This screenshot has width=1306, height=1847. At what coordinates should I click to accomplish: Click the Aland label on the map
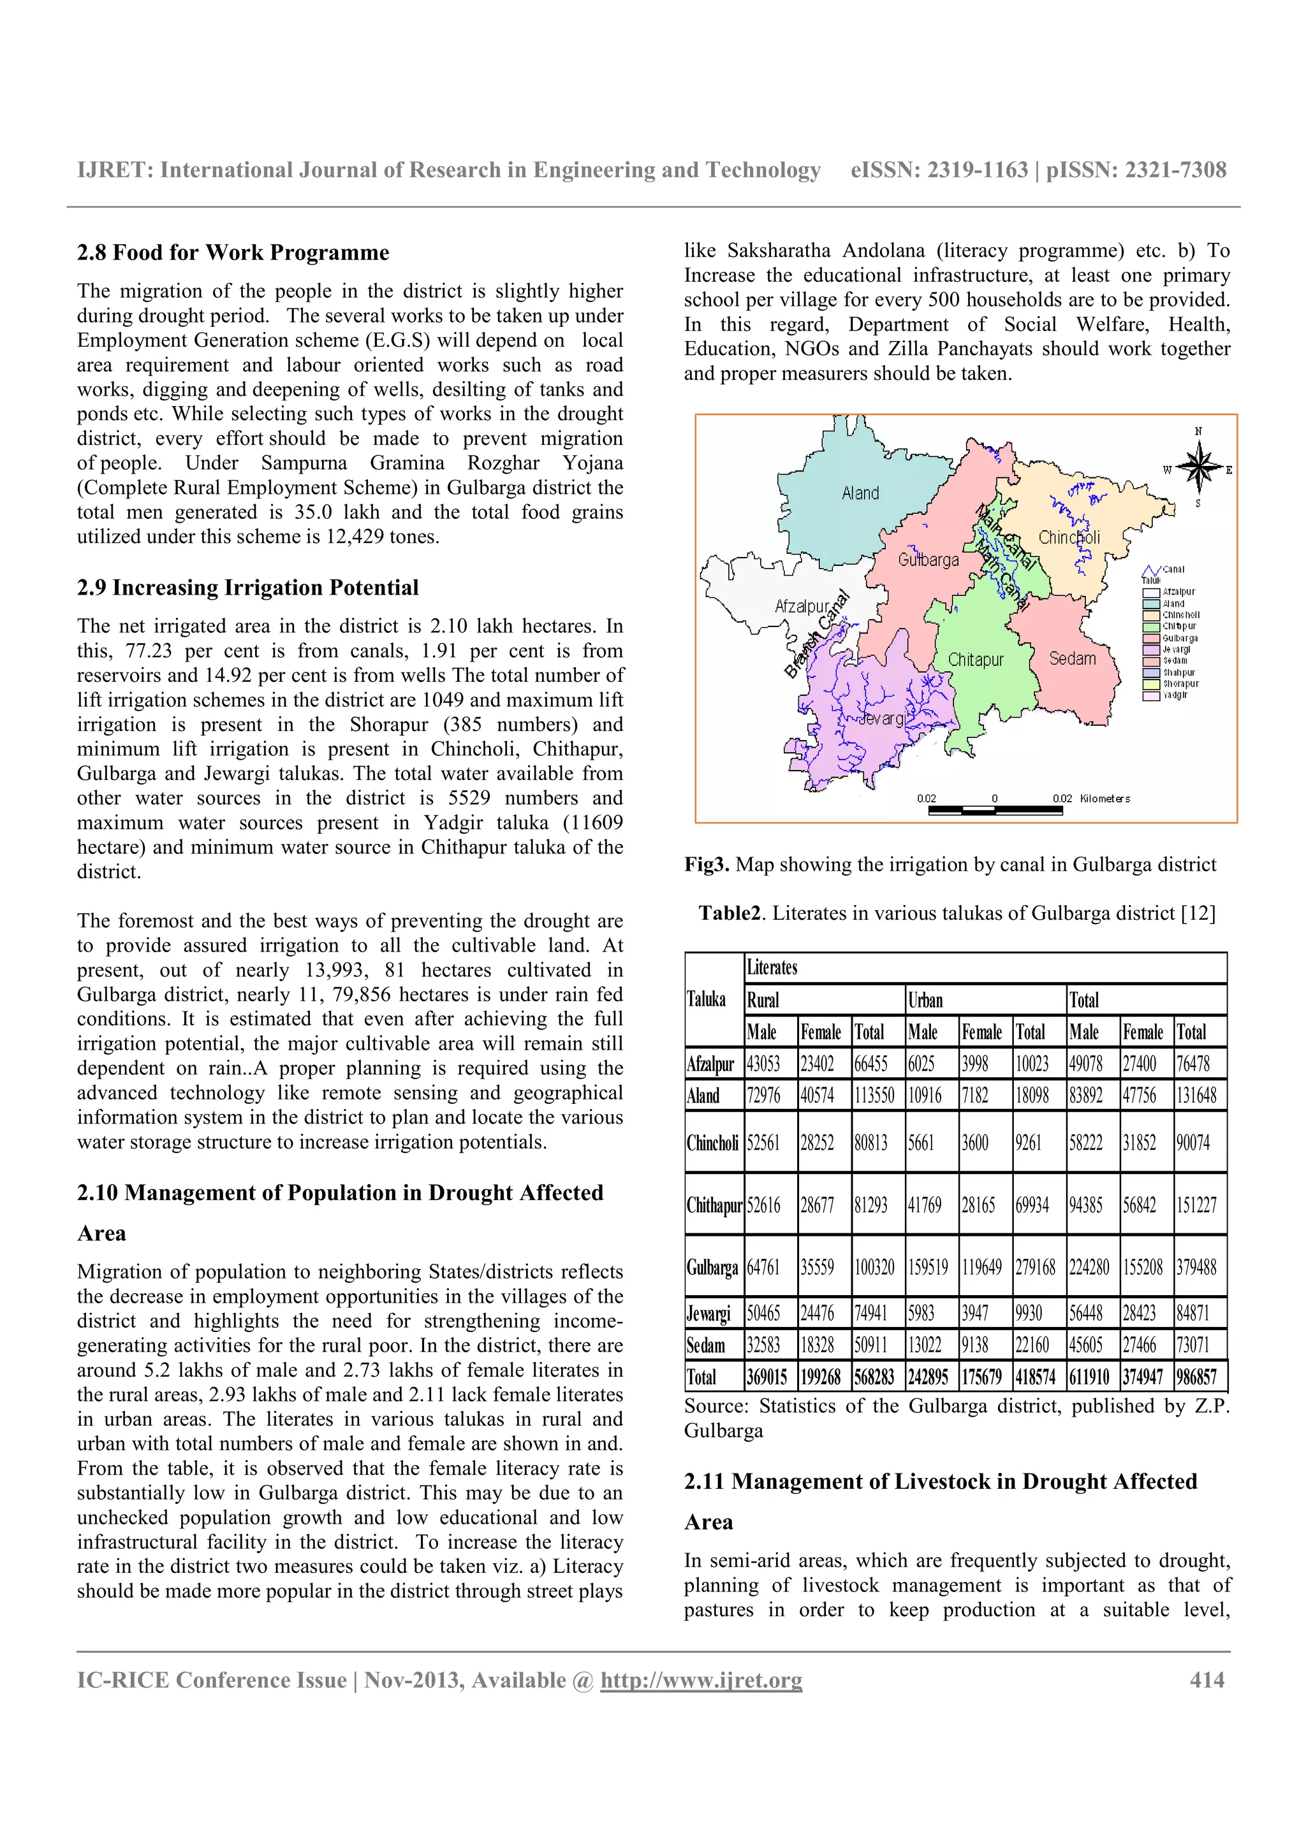tap(860, 493)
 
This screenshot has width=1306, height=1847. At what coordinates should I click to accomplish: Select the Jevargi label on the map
tap(881, 718)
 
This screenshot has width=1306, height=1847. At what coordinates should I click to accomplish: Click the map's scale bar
tap(995, 810)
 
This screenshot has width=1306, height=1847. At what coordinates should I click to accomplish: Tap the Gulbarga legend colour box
tap(1150, 638)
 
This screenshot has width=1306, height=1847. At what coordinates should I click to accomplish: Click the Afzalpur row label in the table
tap(710, 1064)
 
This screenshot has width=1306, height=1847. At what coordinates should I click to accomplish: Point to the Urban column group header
tap(925, 1000)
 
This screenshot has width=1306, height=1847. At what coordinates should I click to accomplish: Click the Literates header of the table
tap(772, 967)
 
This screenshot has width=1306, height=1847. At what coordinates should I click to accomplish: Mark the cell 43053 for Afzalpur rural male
tap(764, 1064)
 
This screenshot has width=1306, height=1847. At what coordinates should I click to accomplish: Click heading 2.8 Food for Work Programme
tap(233, 252)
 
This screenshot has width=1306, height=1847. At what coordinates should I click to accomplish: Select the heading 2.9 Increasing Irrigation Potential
tap(248, 587)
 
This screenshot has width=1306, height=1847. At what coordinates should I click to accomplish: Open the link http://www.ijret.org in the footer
tap(701, 1681)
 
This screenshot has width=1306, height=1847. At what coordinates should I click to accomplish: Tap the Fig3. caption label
tap(707, 865)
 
